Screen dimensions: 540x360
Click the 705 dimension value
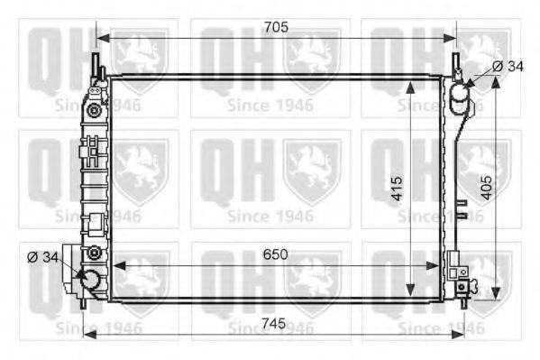coord(276,27)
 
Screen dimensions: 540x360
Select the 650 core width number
coord(275,254)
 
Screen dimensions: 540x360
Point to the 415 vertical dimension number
coord(397,189)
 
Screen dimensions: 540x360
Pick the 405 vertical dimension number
coord(487,188)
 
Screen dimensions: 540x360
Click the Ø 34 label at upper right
coord(508,66)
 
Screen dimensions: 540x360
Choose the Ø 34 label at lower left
coord(42,257)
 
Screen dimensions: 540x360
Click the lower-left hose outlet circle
coord(90,280)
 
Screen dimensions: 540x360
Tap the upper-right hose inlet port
coord(459,92)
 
